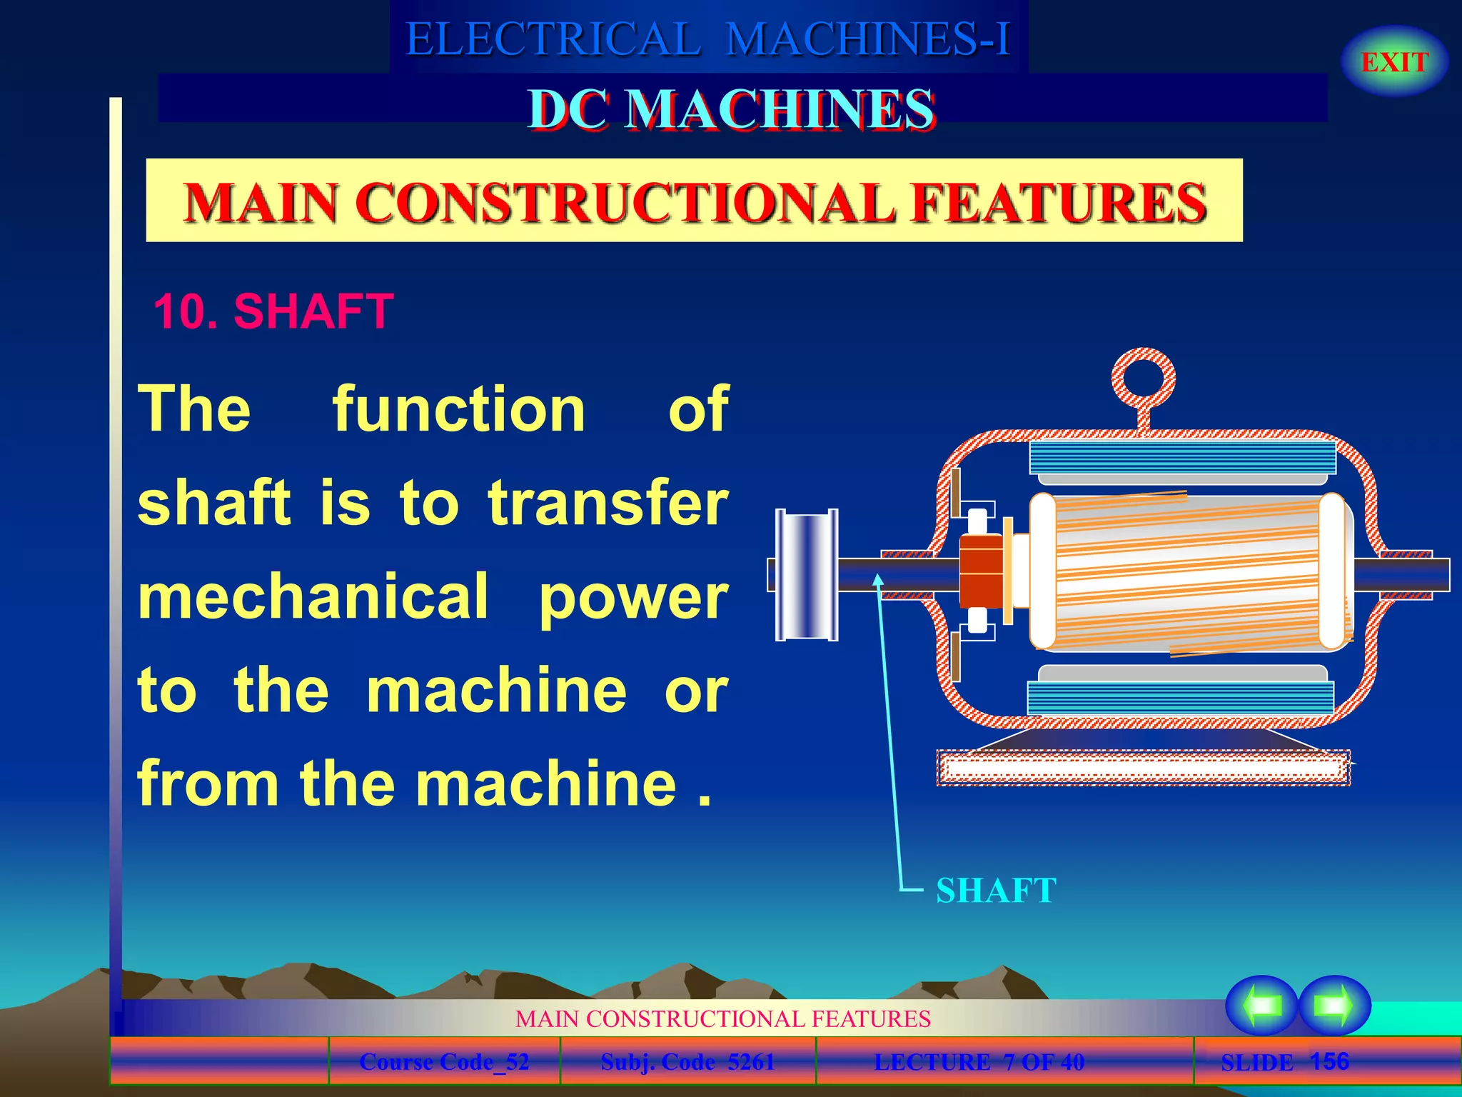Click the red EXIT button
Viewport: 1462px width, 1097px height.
1394,62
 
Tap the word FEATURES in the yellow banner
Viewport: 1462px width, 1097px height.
1059,202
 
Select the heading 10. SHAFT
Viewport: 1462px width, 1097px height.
273,311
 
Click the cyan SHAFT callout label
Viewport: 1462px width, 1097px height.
996,891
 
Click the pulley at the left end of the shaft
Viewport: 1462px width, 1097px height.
807,574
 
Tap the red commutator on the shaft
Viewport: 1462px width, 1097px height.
981,571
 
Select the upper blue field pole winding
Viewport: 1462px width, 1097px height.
1182,457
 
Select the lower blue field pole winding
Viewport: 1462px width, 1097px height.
1181,696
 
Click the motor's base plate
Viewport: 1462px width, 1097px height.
1142,768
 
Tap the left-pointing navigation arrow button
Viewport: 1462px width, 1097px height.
1261,1005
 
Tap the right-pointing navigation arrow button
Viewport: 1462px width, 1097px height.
1334,1005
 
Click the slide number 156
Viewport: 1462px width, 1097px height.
1329,1061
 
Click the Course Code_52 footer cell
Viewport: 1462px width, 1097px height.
444,1062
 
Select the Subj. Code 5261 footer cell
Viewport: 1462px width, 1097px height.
687,1062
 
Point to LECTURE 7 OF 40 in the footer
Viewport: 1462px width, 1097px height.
979,1062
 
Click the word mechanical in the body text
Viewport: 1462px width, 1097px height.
313,597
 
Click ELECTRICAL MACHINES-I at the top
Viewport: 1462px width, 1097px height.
708,39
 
